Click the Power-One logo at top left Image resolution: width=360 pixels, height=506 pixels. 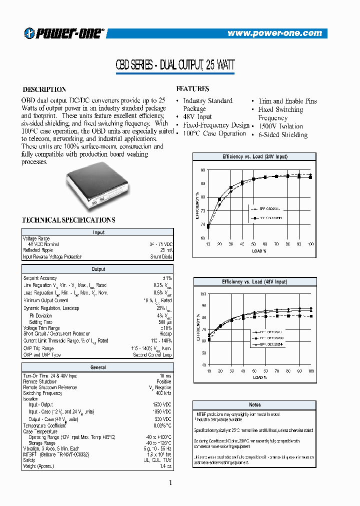pyautogui.click(x=64, y=33)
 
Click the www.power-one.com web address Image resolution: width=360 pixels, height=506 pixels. pyautogui.click(x=274, y=33)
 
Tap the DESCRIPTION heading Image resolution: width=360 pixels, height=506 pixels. pyautogui.click(x=44, y=89)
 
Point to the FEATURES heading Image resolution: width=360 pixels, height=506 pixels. pyautogui.click(x=192, y=88)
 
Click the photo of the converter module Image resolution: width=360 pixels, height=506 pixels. pyautogui.click(x=98, y=184)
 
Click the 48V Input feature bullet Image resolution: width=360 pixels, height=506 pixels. pyautogui.click(x=197, y=117)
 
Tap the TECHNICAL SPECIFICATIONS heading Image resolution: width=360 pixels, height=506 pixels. pyautogui.click(x=68, y=220)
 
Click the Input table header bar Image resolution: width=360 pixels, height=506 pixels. pyautogui.click(x=98, y=232)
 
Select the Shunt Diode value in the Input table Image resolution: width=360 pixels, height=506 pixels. pyautogui.click(x=161, y=257)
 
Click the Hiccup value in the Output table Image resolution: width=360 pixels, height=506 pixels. pyautogui.click(x=165, y=334)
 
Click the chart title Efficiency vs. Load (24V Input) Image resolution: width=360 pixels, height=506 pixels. pyautogui.click(x=254, y=156)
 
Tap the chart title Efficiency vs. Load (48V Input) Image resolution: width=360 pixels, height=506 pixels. pyautogui.click(x=254, y=282)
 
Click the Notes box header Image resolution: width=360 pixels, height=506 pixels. pyautogui.click(x=254, y=404)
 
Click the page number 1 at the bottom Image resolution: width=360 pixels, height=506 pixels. pyautogui.click(x=170, y=482)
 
